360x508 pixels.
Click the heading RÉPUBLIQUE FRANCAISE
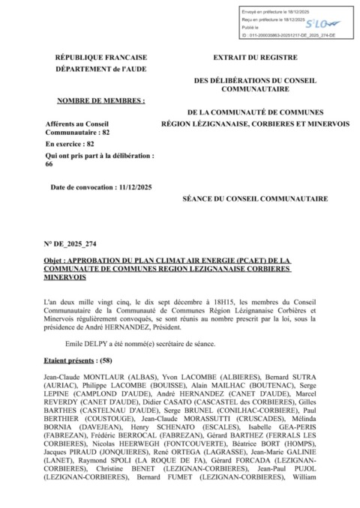point(101,58)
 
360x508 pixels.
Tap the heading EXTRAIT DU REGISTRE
point(255,58)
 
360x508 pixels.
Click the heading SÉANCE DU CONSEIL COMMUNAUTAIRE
point(255,200)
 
